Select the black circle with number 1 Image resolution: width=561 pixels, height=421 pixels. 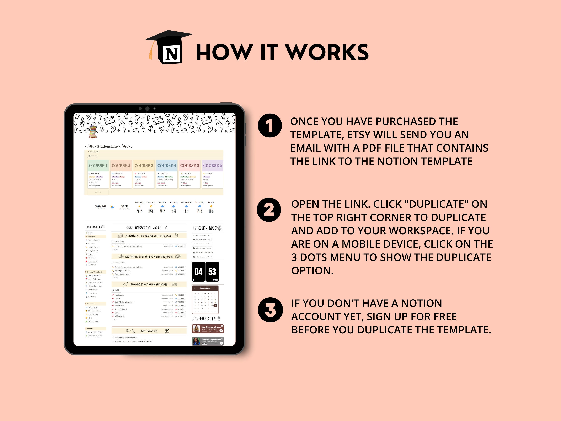coord(270,125)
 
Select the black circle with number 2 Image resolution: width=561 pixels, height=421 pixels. coord(269,210)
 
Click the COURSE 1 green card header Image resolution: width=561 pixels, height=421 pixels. coord(98,165)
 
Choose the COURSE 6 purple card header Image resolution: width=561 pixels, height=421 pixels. coord(212,165)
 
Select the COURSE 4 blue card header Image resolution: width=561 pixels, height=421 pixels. coord(167,165)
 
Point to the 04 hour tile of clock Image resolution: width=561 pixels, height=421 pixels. coord(198,272)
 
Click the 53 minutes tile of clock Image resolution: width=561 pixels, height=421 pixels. coord(212,272)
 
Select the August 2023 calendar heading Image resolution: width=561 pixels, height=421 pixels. coord(205,288)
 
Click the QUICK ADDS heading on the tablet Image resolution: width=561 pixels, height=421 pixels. coord(207,228)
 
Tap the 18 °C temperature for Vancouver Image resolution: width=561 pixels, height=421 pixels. coord(124,206)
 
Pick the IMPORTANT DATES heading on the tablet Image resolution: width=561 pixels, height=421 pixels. coord(148,228)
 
